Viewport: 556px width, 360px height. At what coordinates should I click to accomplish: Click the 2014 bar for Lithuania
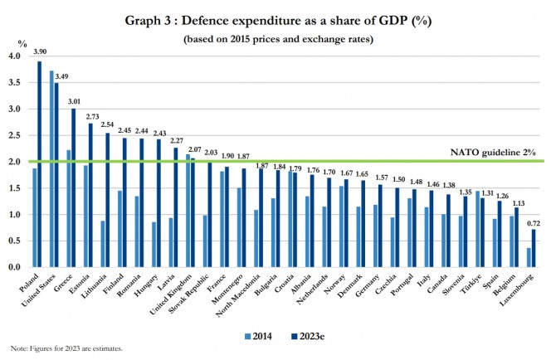102,244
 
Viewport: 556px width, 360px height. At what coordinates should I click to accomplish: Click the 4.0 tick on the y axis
13,56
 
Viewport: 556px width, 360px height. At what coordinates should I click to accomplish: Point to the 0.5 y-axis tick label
13,241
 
